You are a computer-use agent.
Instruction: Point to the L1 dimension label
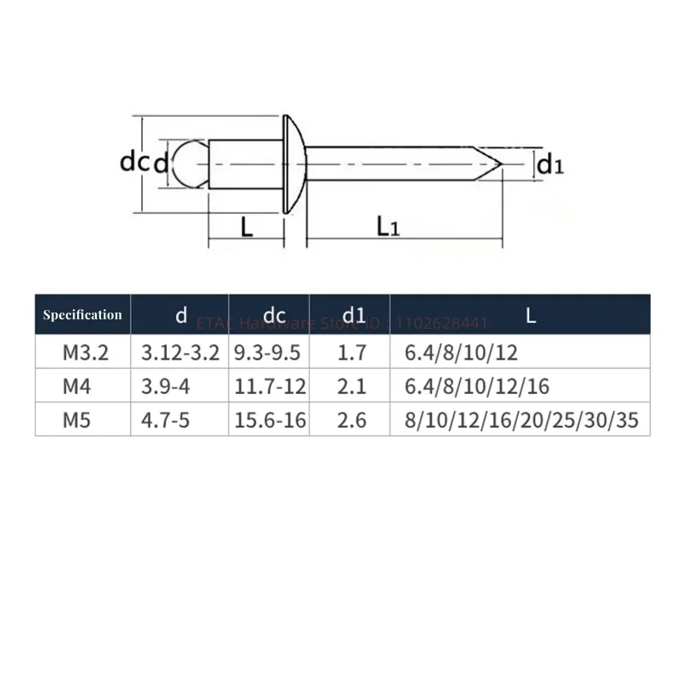tap(388, 226)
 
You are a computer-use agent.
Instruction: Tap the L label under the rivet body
tap(246, 226)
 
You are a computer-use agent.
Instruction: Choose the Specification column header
tap(83, 314)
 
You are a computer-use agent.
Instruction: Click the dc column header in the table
tap(274, 315)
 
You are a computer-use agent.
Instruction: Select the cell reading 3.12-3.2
tap(179, 353)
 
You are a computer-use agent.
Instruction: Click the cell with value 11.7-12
tap(270, 387)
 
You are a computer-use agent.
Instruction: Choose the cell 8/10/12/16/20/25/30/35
tap(526, 420)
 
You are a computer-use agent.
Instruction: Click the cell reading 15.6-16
tap(270, 420)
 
